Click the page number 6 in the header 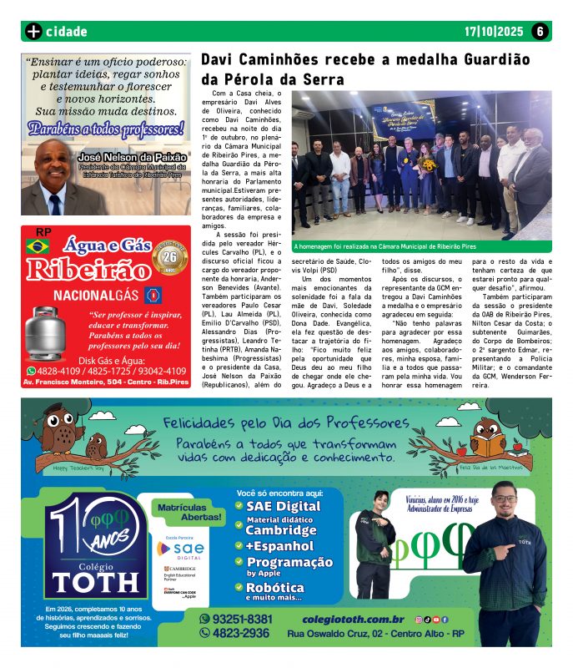540,32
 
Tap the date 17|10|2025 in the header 494,32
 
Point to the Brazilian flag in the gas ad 37,245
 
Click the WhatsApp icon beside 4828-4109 32,371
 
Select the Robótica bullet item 274,587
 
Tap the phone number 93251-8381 243,619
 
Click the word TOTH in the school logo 94,579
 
